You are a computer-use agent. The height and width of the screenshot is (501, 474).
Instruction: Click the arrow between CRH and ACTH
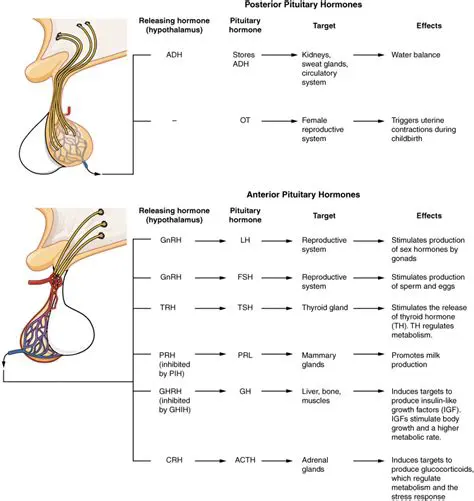(210, 463)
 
